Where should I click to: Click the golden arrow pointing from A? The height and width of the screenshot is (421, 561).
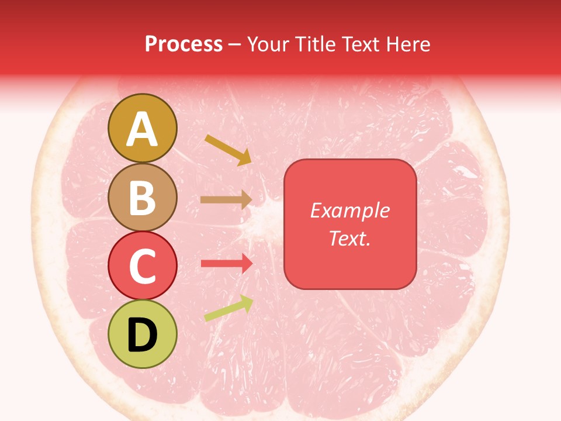point(228,150)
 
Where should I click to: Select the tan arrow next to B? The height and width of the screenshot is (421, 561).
point(226,199)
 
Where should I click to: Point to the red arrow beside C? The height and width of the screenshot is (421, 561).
point(227,263)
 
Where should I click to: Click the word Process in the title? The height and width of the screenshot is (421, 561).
point(183,44)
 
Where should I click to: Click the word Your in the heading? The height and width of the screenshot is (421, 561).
point(268,44)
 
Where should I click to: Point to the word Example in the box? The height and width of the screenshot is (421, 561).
point(350,210)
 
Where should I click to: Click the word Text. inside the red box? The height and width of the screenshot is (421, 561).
point(350,238)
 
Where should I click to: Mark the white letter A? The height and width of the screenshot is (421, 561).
point(143,129)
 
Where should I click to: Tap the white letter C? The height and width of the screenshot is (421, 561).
point(143,266)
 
